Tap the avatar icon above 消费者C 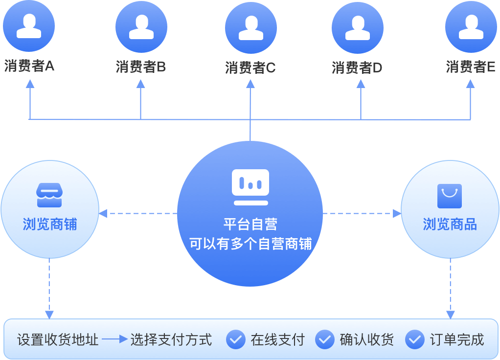tap(250, 27)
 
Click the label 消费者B tap(141, 67)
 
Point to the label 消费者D tap(357, 68)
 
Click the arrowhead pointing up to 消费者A tap(30, 84)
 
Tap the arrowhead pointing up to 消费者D tap(361, 84)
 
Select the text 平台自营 tap(250, 225)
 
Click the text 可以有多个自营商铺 tap(250, 244)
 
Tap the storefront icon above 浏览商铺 tap(49, 195)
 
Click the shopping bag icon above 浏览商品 tap(450, 196)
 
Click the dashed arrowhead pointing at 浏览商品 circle tap(397, 213)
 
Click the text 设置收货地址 tap(58, 339)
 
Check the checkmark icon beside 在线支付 tap(236, 339)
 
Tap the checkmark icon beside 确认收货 tap(325, 339)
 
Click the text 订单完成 tap(457, 339)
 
